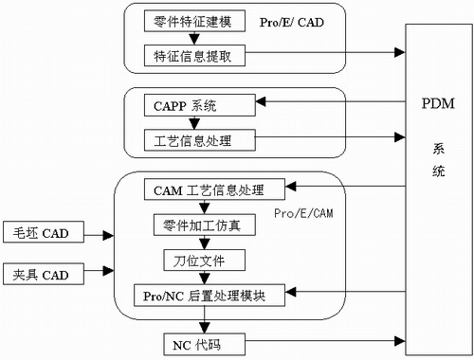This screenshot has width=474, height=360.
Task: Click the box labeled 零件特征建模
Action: [x=193, y=20]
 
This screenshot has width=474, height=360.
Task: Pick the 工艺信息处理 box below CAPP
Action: [x=193, y=141]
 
